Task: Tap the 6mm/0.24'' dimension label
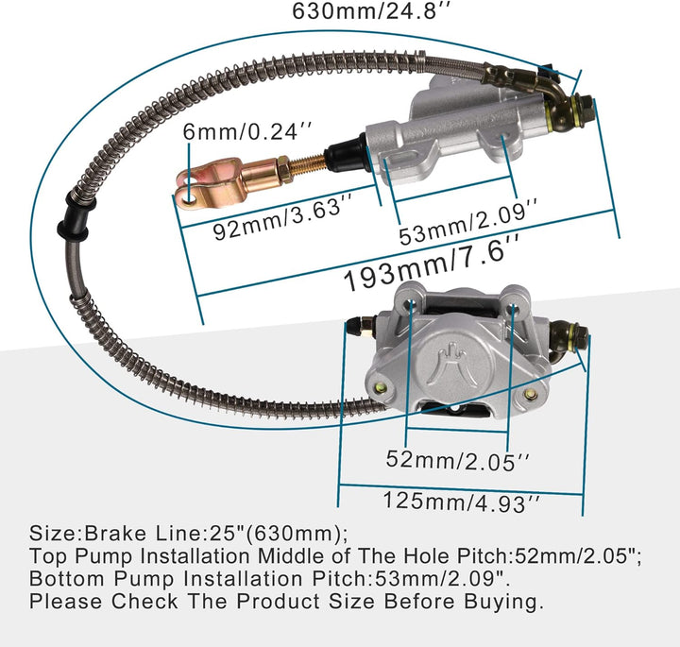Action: point(247,131)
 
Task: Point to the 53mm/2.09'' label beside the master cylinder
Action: point(469,222)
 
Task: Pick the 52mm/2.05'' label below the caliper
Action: point(458,461)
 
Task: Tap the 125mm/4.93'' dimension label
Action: point(462,502)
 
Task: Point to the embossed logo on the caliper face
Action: point(452,361)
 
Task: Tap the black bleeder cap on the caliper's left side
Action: point(353,326)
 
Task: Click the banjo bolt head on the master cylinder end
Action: point(584,111)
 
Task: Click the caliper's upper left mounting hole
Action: point(410,303)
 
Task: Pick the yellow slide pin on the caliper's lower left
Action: point(382,386)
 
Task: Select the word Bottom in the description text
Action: point(66,578)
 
